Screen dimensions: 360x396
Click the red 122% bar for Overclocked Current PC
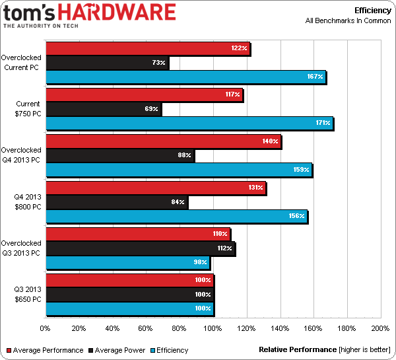click(147, 48)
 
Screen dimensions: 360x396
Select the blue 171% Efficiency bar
click(189, 123)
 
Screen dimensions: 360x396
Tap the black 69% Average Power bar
click(103, 108)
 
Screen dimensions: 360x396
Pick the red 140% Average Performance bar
click(162, 141)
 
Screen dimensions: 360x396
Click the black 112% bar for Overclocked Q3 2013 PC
click(140, 248)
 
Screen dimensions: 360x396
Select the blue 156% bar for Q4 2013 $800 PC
click(176, 216)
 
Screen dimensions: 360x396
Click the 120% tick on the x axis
click(247, 328)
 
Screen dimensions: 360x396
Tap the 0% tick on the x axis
click(45, 328)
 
